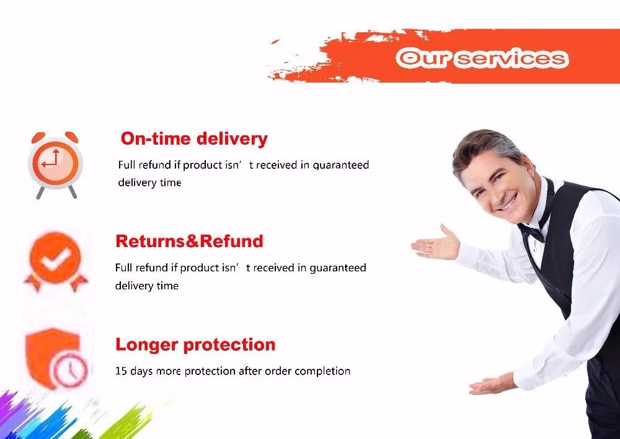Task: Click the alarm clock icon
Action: click(55, 165)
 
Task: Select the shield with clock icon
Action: click(57, 359)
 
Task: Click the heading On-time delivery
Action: click(194, 139)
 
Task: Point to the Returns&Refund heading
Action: click(189, 241)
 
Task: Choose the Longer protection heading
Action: click(195, 345)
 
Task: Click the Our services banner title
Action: click(482, 58)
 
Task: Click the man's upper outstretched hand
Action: click(435, 243)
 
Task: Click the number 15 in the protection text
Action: click(121, 371)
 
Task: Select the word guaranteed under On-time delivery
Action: click(341, 165)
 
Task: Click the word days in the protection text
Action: click(141, 371)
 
